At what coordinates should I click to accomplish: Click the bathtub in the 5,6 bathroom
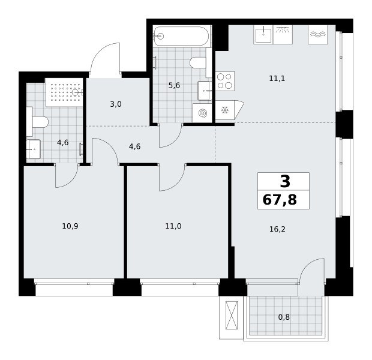181,36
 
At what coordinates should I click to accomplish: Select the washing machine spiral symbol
202,113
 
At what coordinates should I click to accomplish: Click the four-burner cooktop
225,81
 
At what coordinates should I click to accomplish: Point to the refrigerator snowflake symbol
224,110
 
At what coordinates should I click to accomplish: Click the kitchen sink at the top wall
263,35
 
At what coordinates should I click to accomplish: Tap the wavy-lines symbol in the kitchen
318,35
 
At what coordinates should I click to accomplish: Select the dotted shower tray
64,92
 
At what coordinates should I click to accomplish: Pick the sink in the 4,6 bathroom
34,149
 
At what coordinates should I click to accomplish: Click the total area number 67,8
280,200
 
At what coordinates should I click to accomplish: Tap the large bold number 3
285,182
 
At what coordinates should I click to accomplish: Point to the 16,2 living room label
277,229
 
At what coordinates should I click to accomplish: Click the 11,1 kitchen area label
277,79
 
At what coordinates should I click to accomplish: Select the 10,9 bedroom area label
70,226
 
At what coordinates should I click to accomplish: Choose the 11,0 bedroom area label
173,226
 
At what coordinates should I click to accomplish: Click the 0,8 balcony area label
284,317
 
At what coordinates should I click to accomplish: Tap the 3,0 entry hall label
116,104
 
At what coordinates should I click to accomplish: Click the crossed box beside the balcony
232,316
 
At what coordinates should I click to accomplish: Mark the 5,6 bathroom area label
174,85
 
